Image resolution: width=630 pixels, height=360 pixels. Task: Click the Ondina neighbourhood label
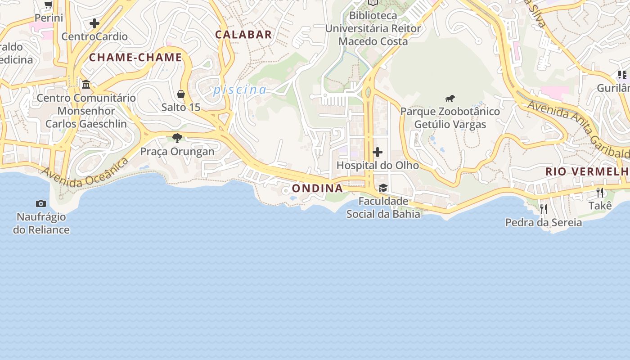point(317,188)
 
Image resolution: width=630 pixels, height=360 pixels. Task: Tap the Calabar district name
point(243,35)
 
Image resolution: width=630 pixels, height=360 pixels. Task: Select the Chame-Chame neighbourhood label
point(135,58)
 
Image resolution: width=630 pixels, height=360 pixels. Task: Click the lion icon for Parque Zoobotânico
point(450,98)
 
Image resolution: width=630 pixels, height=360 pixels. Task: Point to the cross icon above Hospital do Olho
point(378,152)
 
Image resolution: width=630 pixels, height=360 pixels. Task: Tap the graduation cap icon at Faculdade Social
point(383,188)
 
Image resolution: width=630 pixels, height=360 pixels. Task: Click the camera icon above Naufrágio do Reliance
point(41,204)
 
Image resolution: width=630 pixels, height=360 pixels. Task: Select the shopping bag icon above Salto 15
point(181,94)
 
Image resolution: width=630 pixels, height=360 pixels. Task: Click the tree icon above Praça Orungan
point(177,138)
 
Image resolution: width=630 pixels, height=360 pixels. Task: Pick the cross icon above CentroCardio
point(94,23)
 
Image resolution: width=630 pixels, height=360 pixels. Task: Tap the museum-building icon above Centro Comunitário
point(86,84)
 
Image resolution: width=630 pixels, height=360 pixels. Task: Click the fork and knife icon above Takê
point(600,193)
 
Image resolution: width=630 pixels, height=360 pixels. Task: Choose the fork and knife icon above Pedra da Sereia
point(544,209)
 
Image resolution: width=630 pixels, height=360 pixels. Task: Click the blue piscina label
point(240,90)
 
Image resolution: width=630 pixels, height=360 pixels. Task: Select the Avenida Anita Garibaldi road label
point(578,129)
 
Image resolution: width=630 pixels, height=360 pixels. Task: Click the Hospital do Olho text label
point(378,165)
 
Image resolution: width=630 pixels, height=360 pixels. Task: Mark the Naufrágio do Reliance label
point(41,223)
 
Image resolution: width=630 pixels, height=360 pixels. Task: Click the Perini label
point(49,18)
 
